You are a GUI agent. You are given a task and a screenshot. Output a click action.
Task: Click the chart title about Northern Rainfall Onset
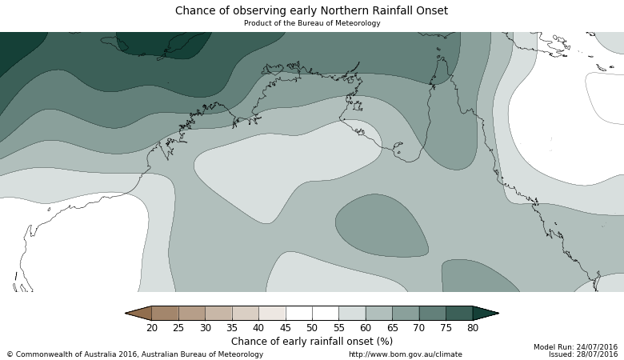tap(311, 11)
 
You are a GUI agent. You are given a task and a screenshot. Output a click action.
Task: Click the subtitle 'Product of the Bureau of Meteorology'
tap(311, 23)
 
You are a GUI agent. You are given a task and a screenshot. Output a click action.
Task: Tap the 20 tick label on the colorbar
tap(152, 328)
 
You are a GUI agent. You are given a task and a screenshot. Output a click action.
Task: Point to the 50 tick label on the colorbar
tap(312, 328)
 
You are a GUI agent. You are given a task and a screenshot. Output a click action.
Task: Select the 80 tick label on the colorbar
tap(473, 328)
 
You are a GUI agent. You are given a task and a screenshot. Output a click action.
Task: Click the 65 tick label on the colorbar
tap(393, 328)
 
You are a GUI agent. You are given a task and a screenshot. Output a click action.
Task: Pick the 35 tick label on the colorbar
tap(232, 328)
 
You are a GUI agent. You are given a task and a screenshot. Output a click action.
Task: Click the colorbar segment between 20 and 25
tap(165, 314)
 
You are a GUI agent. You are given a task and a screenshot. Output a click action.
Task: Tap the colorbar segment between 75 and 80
tap(459, 314)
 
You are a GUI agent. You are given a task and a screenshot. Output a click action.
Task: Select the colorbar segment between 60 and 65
tap(379, 314)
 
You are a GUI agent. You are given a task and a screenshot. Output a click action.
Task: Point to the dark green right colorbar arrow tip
tap(487, 314)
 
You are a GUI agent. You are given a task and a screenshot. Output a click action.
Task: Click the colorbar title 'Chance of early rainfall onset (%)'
tap(311, 342)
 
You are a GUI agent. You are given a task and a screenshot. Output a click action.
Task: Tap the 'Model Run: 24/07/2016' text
tap(575, 347)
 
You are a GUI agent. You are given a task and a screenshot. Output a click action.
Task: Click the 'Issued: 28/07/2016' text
tap(582, 354)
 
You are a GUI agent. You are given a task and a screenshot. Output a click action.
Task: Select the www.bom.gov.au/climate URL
tap(405, 354)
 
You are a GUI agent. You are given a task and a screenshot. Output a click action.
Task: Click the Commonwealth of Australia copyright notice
tap(134, 354)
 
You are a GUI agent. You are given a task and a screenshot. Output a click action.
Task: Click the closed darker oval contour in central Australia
tap(382, 226)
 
